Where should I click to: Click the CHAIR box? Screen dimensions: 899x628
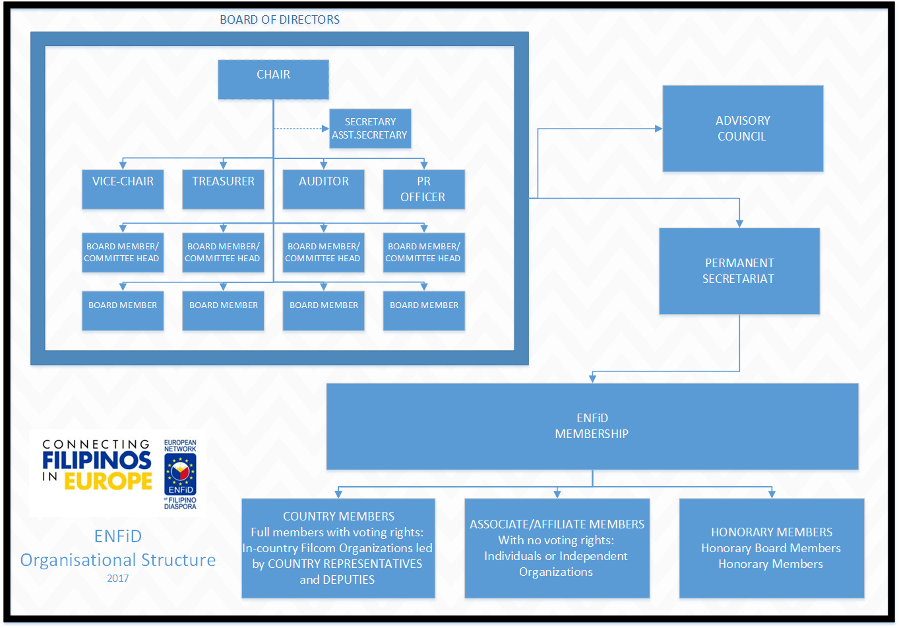tap(273, 79)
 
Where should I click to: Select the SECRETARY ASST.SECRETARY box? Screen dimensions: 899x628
tap(370, 129)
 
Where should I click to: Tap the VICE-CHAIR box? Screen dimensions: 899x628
tap(123, 189)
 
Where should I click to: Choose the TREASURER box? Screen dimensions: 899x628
tap(223, 189)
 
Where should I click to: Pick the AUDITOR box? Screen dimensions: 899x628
tap(323, 189)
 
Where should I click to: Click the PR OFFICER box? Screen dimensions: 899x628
tap(424, 189)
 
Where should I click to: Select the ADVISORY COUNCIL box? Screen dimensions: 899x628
tap(743, 129)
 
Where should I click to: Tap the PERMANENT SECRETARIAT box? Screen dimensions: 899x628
tap(739, 271)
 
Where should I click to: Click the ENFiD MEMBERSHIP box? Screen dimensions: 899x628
tap(592, 426)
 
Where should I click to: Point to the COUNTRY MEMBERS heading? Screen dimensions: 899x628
tap(339, 516)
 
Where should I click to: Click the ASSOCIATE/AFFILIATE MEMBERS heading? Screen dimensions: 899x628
tap(557, 524)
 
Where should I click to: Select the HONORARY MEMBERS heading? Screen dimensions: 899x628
tap(772, 532)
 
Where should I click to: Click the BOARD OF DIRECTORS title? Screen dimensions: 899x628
tap(280, 20)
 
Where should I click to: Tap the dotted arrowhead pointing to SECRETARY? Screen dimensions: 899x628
tap(325, 129)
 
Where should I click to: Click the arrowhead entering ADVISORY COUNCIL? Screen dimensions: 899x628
tap(659, 129)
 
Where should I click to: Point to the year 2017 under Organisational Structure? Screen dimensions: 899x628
tap(117, 579)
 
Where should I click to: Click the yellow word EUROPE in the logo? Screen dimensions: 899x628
tap(108, 481)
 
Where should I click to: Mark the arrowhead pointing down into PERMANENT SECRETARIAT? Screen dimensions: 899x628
tap(739, 224)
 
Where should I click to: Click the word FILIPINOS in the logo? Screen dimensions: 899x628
tap(97, 460)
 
